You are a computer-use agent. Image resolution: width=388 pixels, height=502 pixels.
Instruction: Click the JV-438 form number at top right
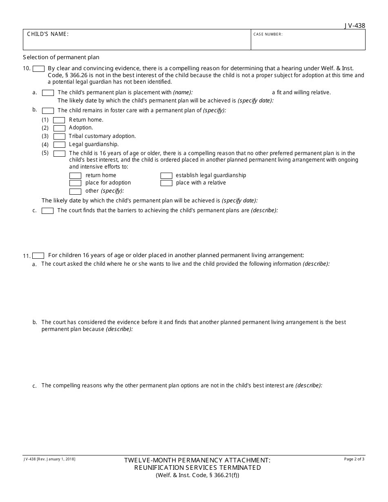355,25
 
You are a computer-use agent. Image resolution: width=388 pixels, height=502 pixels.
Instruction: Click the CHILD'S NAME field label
48,34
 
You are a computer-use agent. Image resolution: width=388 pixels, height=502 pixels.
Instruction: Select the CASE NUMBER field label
268,34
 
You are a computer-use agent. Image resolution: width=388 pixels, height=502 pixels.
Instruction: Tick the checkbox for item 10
38,69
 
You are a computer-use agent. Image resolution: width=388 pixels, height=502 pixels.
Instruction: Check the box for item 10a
48,93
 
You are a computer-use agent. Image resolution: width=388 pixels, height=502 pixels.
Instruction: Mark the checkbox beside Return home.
59,120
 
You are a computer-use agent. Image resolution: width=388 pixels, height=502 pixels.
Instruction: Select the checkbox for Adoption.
59,128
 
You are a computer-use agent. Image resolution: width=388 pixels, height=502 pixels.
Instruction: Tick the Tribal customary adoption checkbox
59,136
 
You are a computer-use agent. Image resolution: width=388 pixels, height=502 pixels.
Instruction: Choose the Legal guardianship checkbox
59,144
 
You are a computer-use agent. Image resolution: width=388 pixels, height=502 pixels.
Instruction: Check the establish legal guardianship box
166,175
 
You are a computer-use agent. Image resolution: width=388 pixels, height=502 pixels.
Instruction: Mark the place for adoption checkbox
75,183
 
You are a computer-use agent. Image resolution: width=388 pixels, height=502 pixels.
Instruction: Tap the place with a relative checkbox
166,183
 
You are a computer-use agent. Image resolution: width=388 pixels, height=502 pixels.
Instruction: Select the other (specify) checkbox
75,191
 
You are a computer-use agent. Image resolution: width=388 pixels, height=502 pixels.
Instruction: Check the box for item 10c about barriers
47,211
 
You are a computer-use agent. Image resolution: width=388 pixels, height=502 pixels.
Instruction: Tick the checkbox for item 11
38,255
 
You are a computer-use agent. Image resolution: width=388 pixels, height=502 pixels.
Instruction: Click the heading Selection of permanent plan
61,57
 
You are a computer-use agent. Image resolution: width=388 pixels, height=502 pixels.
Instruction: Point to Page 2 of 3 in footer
355,459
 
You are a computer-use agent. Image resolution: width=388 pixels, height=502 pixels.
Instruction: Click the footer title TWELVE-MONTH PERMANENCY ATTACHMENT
197,460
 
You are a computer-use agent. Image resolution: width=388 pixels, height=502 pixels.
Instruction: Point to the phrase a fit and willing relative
301,93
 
